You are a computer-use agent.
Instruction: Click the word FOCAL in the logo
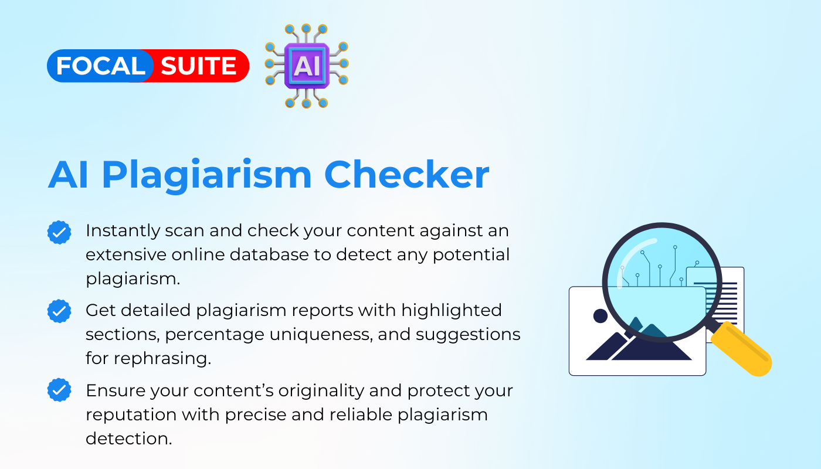point(100,66)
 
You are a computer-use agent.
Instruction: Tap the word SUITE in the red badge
point(198,66)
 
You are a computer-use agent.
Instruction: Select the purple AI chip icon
point(307,66)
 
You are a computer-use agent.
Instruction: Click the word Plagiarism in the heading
point(206,176)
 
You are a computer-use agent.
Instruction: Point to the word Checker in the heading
point(407,175)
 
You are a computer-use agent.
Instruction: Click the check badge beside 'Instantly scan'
point(59,232)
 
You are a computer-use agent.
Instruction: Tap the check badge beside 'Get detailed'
point(59,311)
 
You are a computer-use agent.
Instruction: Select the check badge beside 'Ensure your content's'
point(59,390)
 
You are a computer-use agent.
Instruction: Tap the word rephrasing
point(162,359)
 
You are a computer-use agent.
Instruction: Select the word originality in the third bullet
point(321,391)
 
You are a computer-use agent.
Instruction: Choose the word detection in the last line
point(128,439)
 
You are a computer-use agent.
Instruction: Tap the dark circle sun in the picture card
point(601,316)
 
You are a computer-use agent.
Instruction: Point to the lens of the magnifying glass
point(662,282)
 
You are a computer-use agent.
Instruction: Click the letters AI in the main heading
point(68,175)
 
